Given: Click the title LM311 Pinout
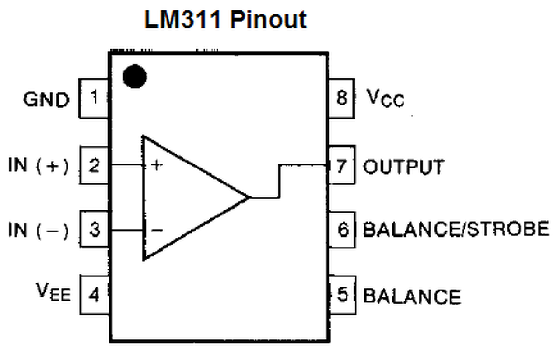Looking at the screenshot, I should pyautogui.click(x=225, y=20).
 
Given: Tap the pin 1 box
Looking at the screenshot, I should pyautogui.click(x=94, y=98).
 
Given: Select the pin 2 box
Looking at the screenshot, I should pyautogui.click(x=94, y=165).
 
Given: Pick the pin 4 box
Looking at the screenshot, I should pyautogui.click(x=94, y=295).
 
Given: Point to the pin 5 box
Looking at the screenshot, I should pyautogui.click(x=342, y=295).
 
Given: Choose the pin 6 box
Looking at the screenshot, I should pyautogui.click(x=342, y=230).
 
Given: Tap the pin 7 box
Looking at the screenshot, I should pyautogui.click(x=341, y=166).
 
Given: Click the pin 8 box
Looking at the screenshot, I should pyautogui.click(x=341, y=98).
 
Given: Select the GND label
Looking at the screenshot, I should pyautogui.click(x=46, y=100).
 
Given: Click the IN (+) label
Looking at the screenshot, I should pyautogui.click(x=38, y=166).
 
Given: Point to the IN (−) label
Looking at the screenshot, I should pyautogui.click(x=38, y=230).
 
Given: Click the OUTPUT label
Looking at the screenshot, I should pyautogui.click(x=403, y=167).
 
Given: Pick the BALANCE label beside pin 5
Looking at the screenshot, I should pyautogui.click(x=412, y=296).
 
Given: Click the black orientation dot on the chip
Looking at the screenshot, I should pyautogui.click(x=134, y=76).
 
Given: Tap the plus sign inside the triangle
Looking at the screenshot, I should pyautogui.click(x=156, y=165).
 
